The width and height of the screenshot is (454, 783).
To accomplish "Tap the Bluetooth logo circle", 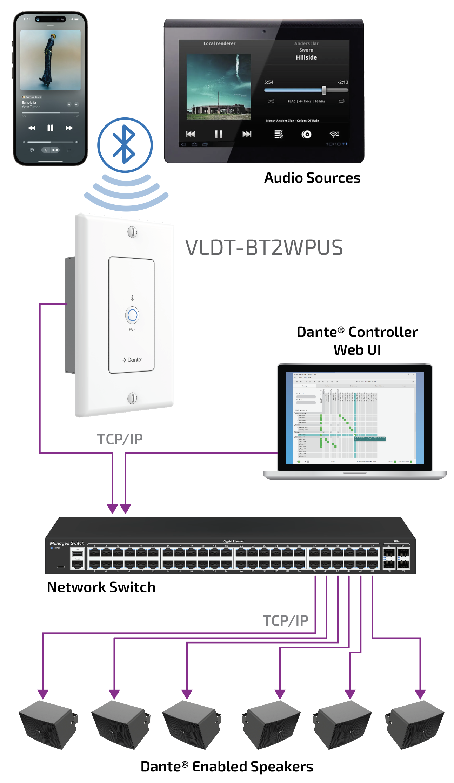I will pyautogui.click(x=125, y=145).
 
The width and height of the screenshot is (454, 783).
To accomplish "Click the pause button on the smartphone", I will pyautogui.click(x=50, y=128).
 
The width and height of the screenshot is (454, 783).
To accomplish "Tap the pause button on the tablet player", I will pyautogui.click(x=219, y=134).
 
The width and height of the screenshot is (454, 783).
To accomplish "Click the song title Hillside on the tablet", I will pyautogui.click(x=306, y=57).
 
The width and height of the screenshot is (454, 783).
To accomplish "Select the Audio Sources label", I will pyautogui.click(x=312, y=178).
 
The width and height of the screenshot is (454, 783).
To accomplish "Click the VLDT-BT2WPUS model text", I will pyautogui.click(x=264, y=247).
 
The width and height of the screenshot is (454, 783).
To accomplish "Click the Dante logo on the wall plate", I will pyautogui.click(x=132, y=360).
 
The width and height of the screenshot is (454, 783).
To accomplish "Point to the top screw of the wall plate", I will pyautogui.click(x=132, y=232).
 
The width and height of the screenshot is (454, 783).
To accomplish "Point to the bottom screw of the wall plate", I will pyautogui.click(x=132, y=398).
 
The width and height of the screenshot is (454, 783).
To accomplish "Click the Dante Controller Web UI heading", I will pyautogui.click(x=357, y=340).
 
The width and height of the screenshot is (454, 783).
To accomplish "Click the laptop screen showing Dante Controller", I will pyautogui.click(x=354, y=418).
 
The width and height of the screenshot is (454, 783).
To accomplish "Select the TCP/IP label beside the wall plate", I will pyautogui.click(x=120, y=439).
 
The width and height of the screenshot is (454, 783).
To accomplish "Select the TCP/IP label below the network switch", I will pyautogui.click(x=285, y=620).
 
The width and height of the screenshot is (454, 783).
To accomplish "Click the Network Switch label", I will pyautogui.click(x=101, y=587).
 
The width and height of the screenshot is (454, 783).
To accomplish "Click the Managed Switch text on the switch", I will pyautogui.click(x=67, y=543).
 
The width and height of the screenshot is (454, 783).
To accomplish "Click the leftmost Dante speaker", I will pyautogui.click(x=48, y=724).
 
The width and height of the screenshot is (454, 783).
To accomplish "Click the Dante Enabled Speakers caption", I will pyautogui.click(x=227, y=767).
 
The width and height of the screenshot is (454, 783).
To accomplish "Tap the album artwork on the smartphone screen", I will pyautogui.click(x=50, y=60).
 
